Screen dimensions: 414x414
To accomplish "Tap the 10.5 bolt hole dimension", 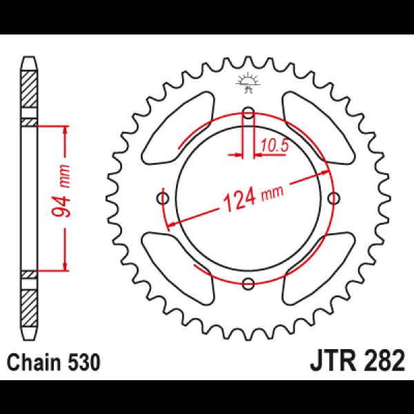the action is pos(275,145).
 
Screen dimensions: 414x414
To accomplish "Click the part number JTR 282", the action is pos(357,361).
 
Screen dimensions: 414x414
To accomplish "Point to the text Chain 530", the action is pos(54,362).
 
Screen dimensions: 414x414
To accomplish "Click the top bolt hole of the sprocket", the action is pos(248,113).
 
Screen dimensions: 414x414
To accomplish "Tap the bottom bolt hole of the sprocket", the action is pos(248,284).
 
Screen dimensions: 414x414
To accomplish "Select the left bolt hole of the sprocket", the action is pos(163,198).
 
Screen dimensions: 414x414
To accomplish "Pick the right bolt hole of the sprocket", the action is pos(333,198).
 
